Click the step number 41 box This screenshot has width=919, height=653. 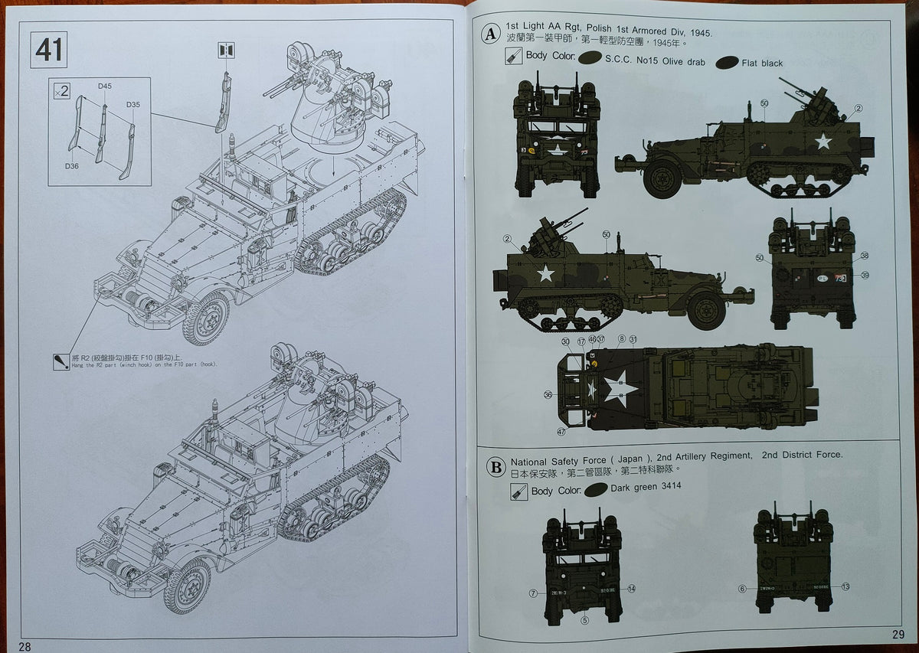(x=49, y=51)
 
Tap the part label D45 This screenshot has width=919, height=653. (x=105, y=87)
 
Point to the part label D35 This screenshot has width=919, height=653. (x=133, y=105)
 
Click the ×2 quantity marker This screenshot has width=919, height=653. (x=62, y=91)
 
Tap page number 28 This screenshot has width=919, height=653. (x=25, y=646)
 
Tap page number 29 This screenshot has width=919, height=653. (x=898, y=634)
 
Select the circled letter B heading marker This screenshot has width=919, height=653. (x=496, y=466)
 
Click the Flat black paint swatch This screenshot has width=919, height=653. (x=726, y=63)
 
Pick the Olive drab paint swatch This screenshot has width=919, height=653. (x=589, y=58)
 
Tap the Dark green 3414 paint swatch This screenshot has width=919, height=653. (x=595, y=489)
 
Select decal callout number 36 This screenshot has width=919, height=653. (x=548, y=395)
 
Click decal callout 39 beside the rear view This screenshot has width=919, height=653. (x=865, y=276)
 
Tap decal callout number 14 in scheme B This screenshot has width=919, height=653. (x=631, y=589)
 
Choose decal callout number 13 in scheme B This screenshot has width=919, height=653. (x=845, y=586)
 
